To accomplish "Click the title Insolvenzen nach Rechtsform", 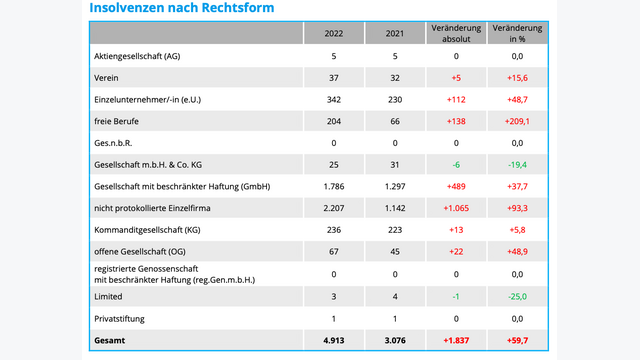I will [181, 9].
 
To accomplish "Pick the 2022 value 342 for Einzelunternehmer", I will [334, 100].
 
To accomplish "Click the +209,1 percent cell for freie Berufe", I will [516, 121].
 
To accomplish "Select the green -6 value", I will [455, 165].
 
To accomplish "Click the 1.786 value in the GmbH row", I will [334, 187].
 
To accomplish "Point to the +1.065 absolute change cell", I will [455, 208].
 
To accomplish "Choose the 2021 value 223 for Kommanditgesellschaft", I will [394, 230].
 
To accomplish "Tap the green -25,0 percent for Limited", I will [517, 296].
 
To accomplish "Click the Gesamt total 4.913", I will [334, 340].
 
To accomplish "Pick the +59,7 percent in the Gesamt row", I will [517, 340].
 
